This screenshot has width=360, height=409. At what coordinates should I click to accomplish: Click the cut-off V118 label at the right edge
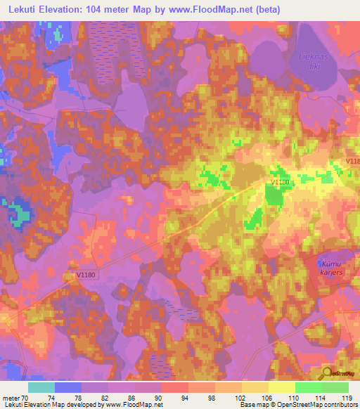pyautogui.click(x=352, y=162)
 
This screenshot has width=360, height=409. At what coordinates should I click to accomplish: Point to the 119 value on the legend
pyautogui.click(x=347, y=397)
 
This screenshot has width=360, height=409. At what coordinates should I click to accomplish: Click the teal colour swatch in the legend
pyautogui.click(x=41, y=387)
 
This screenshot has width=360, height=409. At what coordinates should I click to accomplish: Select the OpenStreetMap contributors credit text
pyautogui.click(x=321, y=405)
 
